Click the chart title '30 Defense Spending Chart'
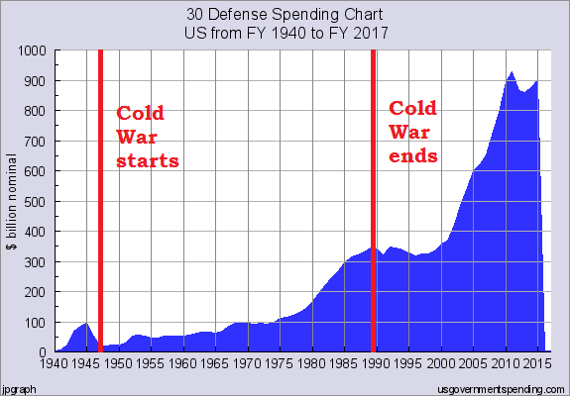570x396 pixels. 285,16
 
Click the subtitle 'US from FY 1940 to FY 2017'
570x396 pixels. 285,32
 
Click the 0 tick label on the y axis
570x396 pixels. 45,352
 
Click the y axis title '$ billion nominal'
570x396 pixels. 13,202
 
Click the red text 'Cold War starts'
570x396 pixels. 147,137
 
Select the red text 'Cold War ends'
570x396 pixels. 413,132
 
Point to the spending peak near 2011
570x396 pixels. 512,73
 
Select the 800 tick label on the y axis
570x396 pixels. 36,111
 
